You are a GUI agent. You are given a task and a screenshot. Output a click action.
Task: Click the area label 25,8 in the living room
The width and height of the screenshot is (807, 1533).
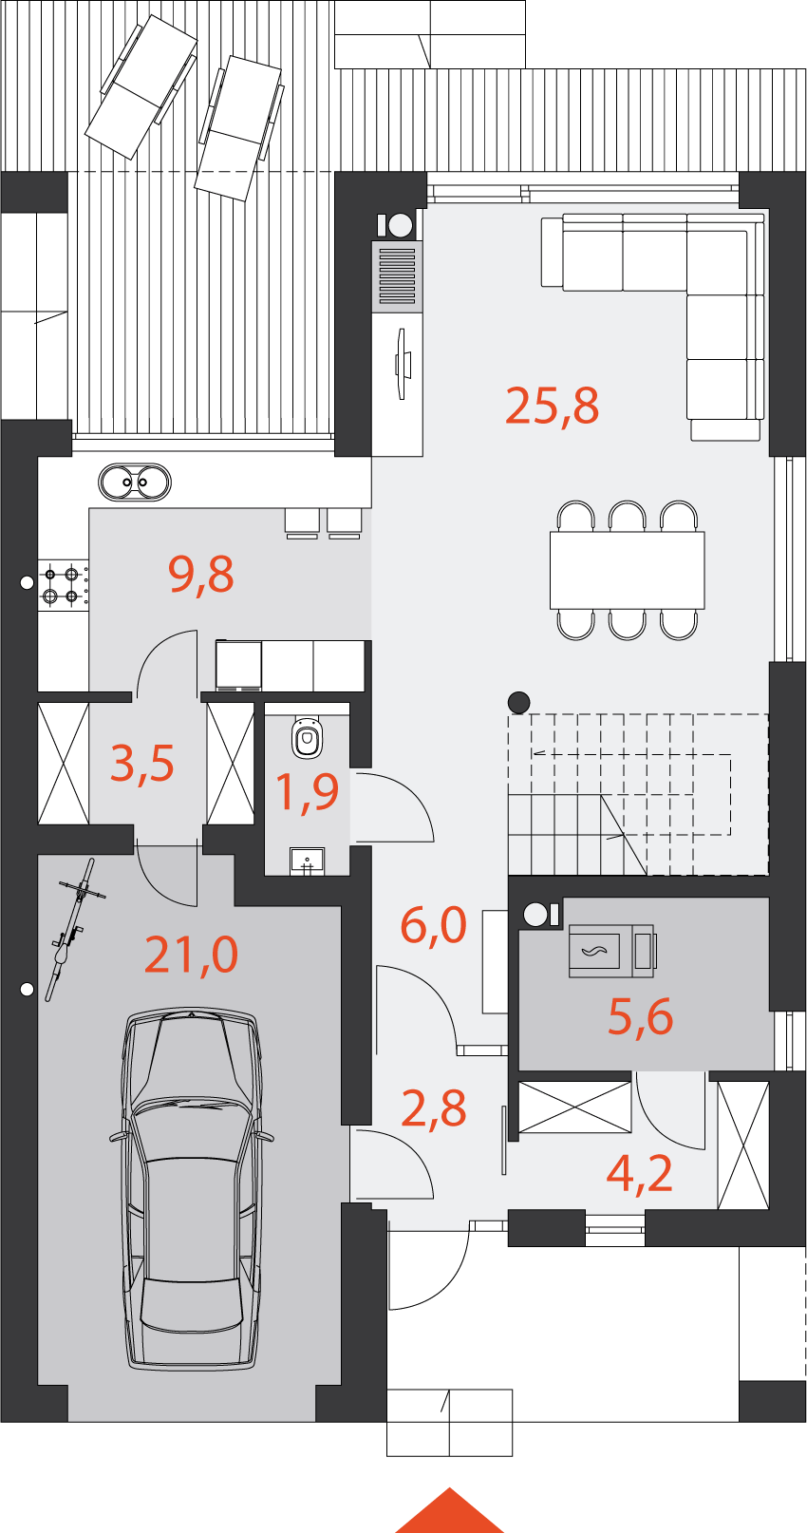pos(552,407)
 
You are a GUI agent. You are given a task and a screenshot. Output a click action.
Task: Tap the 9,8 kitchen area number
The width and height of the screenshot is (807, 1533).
pos(201,575)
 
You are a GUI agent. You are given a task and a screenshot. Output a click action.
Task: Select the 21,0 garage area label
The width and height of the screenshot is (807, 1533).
pos(192,955)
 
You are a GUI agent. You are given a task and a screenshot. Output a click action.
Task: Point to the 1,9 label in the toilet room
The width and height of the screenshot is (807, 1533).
pos(307,792)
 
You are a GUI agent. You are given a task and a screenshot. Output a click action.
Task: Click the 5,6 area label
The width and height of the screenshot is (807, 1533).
pos(641,1017)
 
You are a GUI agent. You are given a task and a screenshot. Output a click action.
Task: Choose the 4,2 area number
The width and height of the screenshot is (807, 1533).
pos(640,1174)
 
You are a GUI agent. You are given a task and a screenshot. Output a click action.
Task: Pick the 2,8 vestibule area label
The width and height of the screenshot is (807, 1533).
pos(434,1109)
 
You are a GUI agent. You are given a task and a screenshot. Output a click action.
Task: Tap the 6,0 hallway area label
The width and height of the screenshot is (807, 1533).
pos(434,925)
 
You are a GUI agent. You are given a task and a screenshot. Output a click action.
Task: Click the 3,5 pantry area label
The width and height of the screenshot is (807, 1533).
pos(142,764)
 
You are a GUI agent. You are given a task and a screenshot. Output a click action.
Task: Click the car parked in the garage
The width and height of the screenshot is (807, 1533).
pos(192,1188)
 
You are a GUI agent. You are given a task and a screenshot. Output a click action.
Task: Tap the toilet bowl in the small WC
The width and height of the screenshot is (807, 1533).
pos(307,738)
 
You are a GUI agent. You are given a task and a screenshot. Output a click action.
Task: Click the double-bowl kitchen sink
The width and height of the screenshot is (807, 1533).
pos(135,483)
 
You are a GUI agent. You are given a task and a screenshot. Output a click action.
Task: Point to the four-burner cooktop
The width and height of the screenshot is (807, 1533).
pos(63,585)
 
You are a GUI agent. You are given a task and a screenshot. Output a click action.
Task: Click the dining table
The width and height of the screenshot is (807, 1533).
pos(628,570)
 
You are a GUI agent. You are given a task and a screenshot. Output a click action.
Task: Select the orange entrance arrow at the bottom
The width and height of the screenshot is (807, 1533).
pos(449,1512)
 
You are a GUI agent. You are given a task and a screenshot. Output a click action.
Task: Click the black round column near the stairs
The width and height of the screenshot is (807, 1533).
pos(519,702)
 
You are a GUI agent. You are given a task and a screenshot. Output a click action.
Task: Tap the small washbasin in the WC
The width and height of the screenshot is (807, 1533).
pos(307,861)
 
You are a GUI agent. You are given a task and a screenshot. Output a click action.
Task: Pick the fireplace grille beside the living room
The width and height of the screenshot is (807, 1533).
pos(397,276)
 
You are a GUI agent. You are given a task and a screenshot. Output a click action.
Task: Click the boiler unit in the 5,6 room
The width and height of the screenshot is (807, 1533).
pos(612,950)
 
